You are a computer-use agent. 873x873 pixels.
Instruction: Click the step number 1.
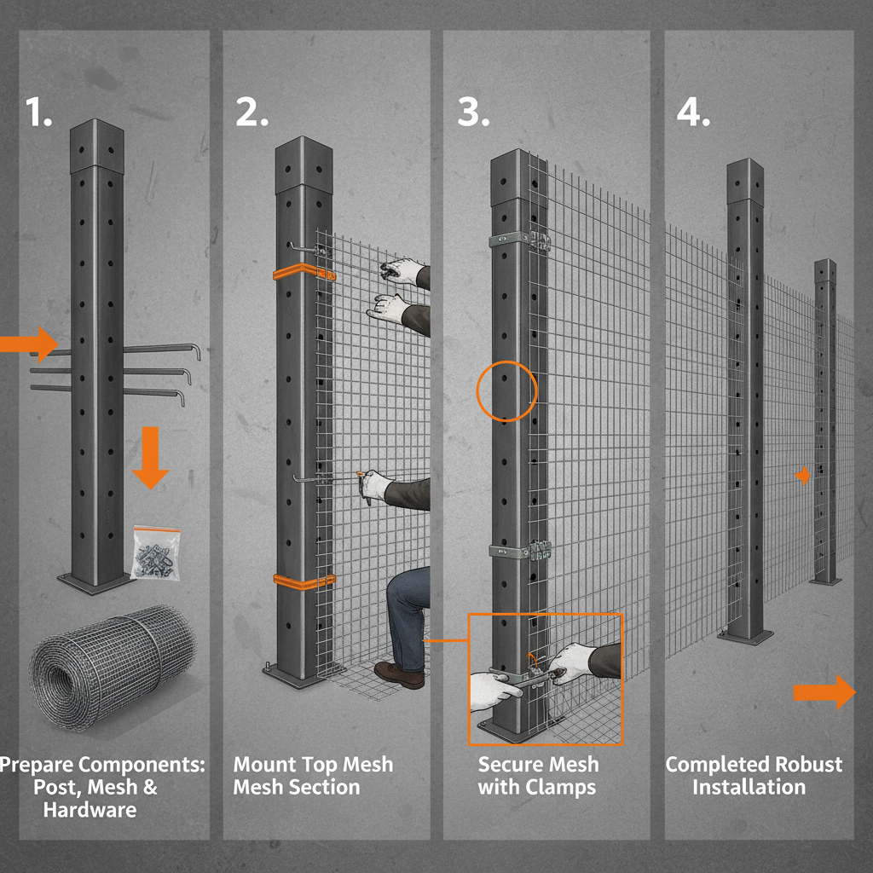click(38, 112)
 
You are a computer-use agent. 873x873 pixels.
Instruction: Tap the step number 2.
click(251, 112)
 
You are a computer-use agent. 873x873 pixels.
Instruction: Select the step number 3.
click(473, 112)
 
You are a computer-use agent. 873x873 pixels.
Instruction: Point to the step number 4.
click(692, 112)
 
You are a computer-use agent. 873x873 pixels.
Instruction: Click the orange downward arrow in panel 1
click(151, 457)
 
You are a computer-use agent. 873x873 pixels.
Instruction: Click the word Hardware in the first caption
click(90, 809)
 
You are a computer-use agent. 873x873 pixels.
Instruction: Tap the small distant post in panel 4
click(824, 426)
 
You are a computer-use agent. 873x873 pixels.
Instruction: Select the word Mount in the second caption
click(268, 764)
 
